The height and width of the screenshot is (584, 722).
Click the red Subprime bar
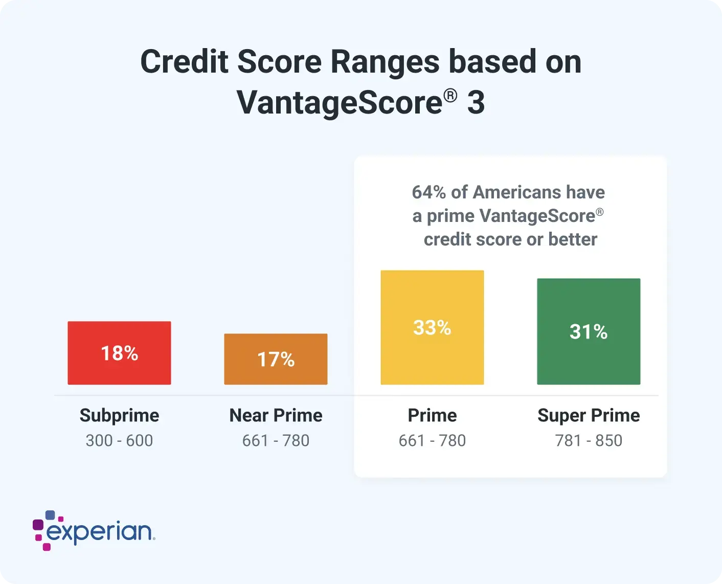point(119,353)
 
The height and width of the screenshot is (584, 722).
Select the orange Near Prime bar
point(276,359)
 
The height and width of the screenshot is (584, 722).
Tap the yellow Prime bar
point(432,327)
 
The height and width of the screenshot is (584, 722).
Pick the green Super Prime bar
point(589,331)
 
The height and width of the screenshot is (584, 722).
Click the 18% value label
point(120,353)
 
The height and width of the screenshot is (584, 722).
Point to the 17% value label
point(276,360)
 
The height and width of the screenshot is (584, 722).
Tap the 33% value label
point(432,328)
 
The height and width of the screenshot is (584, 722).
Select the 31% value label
point(589,331)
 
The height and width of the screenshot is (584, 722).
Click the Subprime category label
point(119,416)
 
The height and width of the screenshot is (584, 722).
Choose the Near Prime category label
point(276,415)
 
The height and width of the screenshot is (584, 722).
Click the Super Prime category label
point(589,416)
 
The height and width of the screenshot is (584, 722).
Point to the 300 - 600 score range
point(119,441)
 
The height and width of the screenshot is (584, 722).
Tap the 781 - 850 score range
point(589,441)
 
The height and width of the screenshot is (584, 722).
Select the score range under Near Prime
point(276,441)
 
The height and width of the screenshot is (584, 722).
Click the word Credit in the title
point(185,61)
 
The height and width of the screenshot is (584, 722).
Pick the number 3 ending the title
point(476,102)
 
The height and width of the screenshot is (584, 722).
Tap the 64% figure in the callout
point(428,192)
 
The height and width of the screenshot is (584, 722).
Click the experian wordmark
point(99,531)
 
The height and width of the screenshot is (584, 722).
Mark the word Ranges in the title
point(385,62)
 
